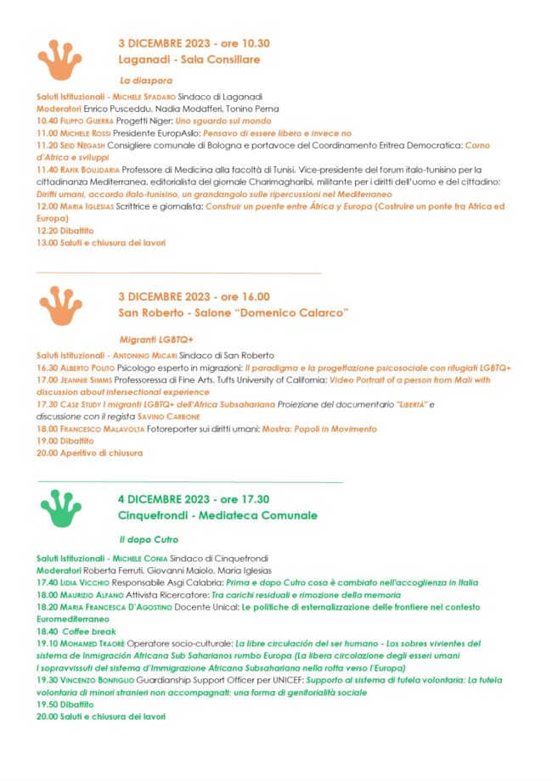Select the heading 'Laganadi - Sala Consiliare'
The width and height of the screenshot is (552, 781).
pos(189,60)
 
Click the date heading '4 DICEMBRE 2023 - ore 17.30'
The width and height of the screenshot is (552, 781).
pos(194,499)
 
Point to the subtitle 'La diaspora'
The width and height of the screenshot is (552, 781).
pos(146,81)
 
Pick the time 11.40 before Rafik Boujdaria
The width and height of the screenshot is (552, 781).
pos(47,170)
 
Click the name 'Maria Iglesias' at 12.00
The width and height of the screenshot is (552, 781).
pos(87,206)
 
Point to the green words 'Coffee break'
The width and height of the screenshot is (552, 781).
pos(91,632)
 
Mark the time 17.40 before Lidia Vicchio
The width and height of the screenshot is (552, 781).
pos(47,583)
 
